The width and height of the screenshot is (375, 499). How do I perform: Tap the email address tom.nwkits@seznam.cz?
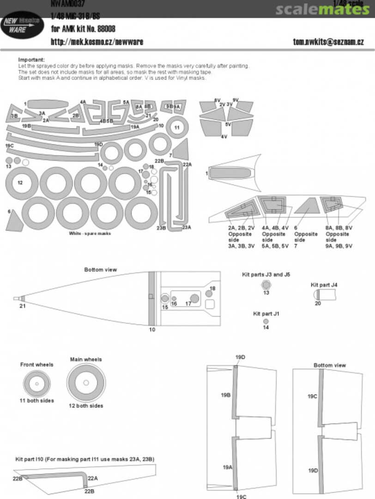point(328,42)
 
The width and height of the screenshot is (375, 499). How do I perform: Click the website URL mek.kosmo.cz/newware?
point(97,42)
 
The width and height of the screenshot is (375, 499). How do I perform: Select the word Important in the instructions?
point(31,60)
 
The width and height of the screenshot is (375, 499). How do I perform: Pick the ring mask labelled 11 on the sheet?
point(177,127)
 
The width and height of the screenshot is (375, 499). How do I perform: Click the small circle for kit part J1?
point(266,321)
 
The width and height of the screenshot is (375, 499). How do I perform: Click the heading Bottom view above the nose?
point(100,269)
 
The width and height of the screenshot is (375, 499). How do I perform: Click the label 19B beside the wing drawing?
point(226,395)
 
